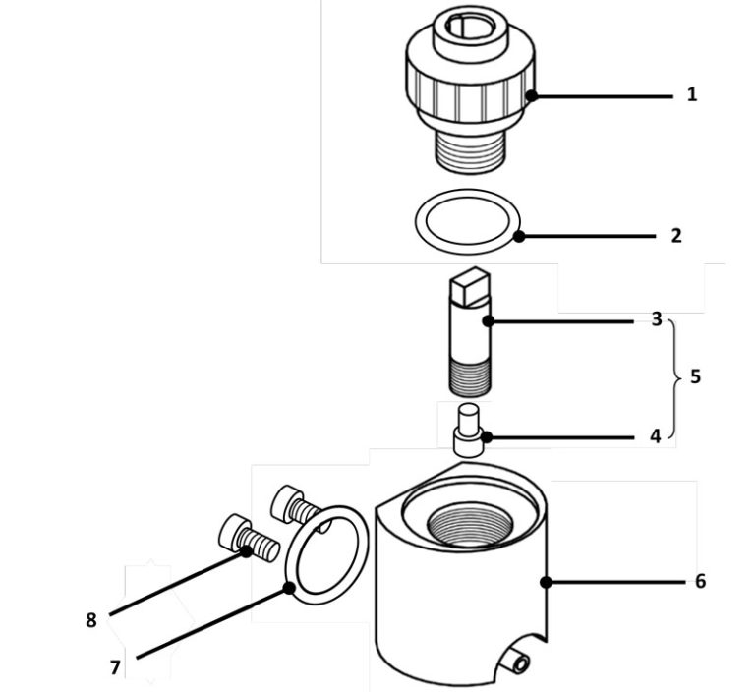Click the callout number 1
692,95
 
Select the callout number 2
676,236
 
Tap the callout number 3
657,319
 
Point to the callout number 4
655,436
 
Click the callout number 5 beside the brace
696,376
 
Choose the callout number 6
700,581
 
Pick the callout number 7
115,666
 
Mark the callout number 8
91,620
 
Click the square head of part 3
468,288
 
